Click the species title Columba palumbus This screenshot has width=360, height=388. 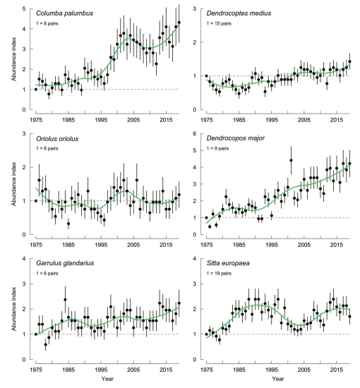tap(65, 13)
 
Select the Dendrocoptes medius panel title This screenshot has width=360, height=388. tap(239, 13)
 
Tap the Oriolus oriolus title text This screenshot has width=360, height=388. tap(57, 138)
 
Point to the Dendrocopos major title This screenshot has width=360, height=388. tap(236, 138)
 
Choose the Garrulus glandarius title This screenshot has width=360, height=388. tap(65, 263)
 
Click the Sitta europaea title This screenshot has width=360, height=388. tap(228, 263)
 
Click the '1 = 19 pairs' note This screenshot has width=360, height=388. tap(219, 274)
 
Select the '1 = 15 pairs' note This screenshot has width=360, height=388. tap(219, 23)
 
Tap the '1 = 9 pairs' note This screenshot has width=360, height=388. tap(217, 148)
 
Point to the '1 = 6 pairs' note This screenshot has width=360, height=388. tap(47, 274)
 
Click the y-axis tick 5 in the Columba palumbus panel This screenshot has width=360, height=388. tap(24, 8)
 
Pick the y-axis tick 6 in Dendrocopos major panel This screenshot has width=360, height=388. tap(195, 133)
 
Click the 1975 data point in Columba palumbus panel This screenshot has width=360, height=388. tap(36, 90)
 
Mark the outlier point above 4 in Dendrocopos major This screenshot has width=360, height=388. tap(291, 160)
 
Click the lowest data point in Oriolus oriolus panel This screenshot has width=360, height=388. tap(68, 224)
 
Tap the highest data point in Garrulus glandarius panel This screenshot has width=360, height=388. tap(65, 300)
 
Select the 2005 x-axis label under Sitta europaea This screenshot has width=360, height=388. tap(304, 370)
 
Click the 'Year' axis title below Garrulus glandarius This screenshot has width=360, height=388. tap(107, 379)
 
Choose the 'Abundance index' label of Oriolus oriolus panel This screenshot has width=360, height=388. tap(13, 184)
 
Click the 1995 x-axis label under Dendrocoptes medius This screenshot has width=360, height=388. tap(271, 120)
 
